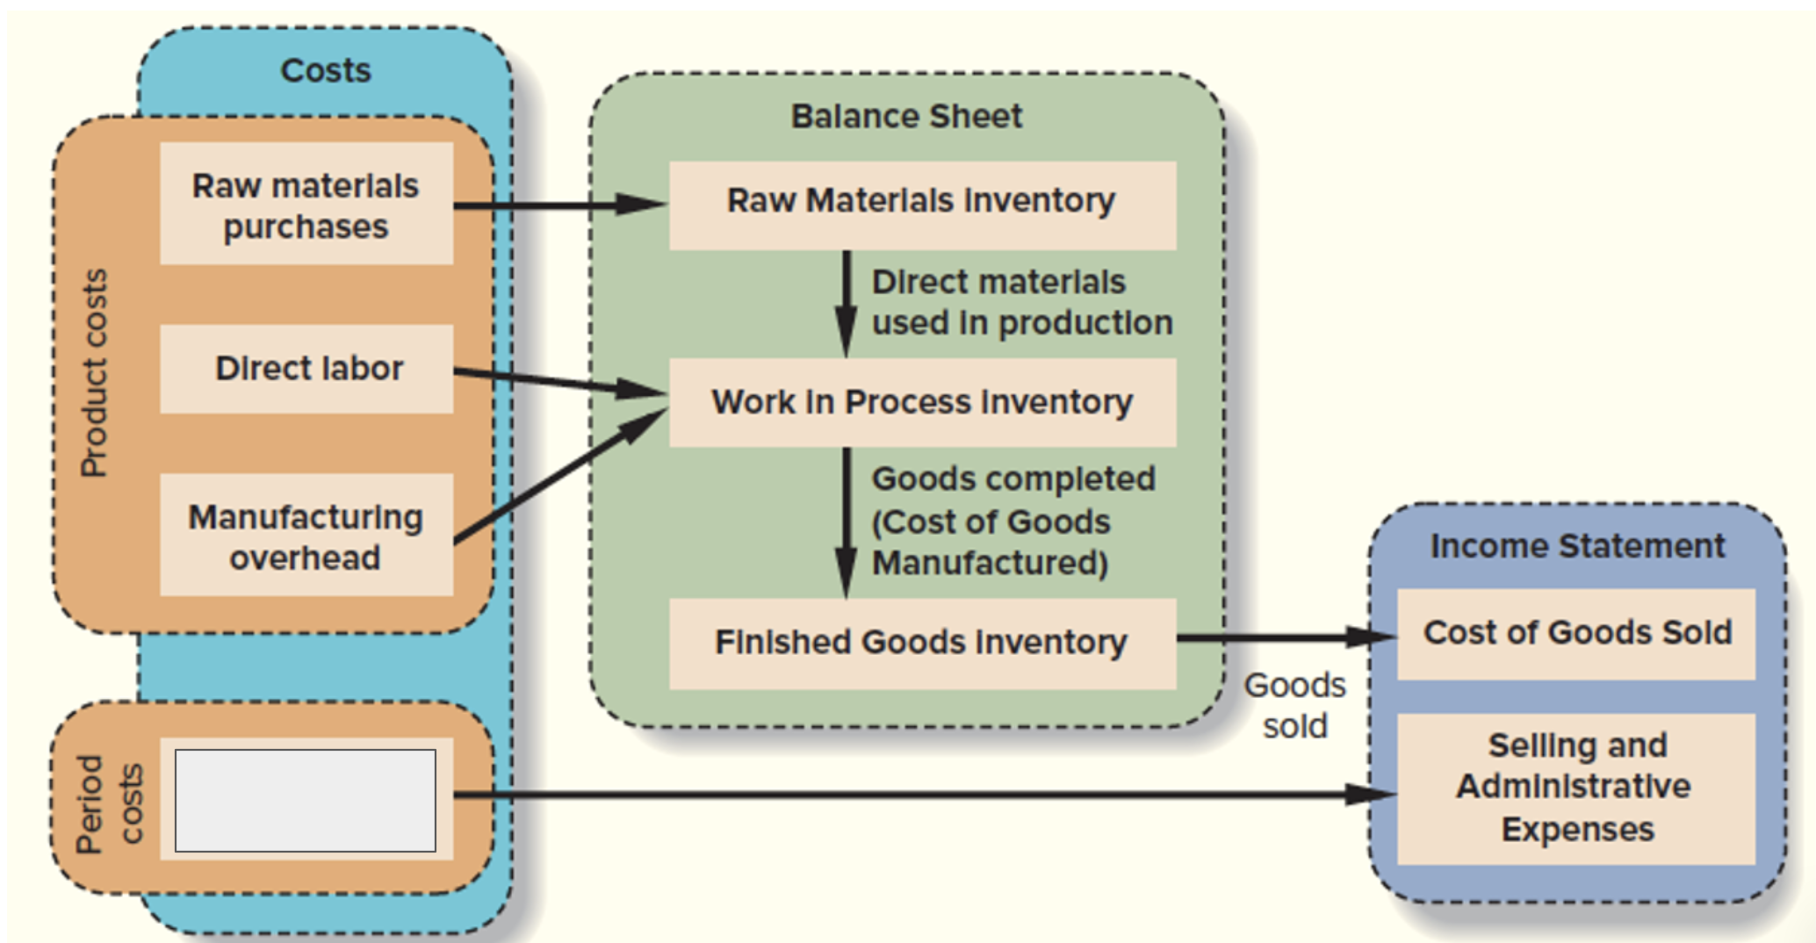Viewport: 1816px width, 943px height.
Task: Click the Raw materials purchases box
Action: [x=306, y=204]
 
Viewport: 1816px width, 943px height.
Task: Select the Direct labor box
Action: [x=306, y=369]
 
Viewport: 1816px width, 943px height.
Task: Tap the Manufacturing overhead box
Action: [x=306, y=536]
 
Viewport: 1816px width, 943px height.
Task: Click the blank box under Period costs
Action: [x=306, y=800]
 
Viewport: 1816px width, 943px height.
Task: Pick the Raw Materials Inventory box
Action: [x=922, y=205]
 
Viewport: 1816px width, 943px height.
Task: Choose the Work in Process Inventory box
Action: [x=922, y=402]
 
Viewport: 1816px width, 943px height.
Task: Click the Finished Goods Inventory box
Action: [x=922, y=643]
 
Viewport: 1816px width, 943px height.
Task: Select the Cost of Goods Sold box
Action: [x=1576, y=633]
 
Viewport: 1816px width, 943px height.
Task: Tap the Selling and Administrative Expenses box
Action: [x=1576, y=788]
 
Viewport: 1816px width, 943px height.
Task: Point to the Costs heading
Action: [x=326, y=70]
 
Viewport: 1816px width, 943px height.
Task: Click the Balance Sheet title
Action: [x=906, y=116]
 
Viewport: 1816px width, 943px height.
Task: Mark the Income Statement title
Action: [x=1577, y=546]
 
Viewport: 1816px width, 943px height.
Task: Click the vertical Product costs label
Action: [x=94, y=373]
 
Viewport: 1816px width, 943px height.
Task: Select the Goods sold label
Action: [x=1295, y=705]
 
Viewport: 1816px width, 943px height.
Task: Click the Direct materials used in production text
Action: [x=1021, y=303]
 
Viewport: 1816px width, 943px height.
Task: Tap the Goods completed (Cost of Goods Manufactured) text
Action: [x=1012, y=521]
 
